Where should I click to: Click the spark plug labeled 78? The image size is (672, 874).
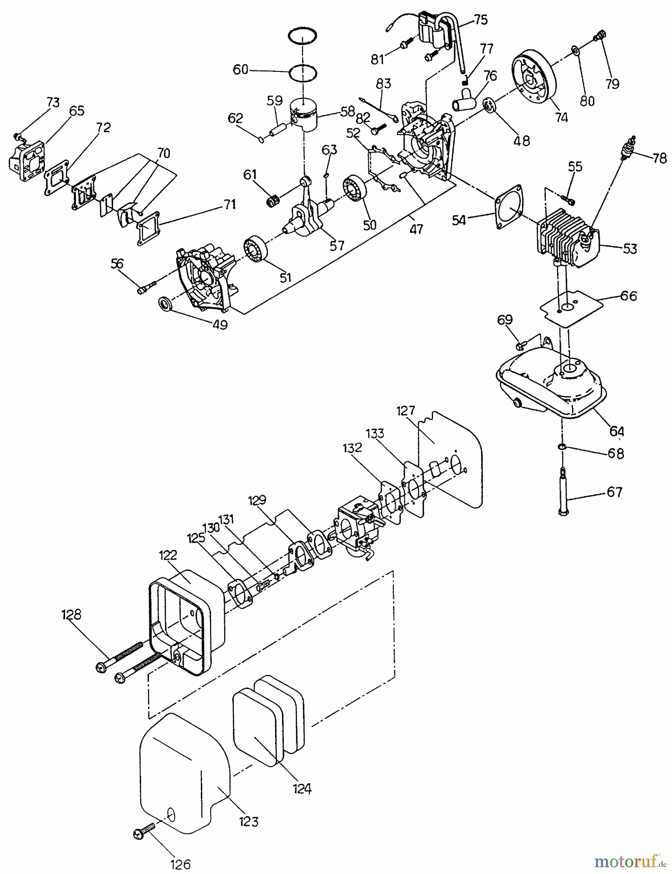click(x=630, y=147)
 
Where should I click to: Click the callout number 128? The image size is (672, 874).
click(x=71, y=615)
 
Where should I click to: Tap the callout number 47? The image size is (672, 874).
click(x=416, y=229)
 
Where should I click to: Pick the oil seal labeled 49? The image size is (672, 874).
click(x=166, y=305)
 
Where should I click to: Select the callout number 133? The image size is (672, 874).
click(x=375, y=433)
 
